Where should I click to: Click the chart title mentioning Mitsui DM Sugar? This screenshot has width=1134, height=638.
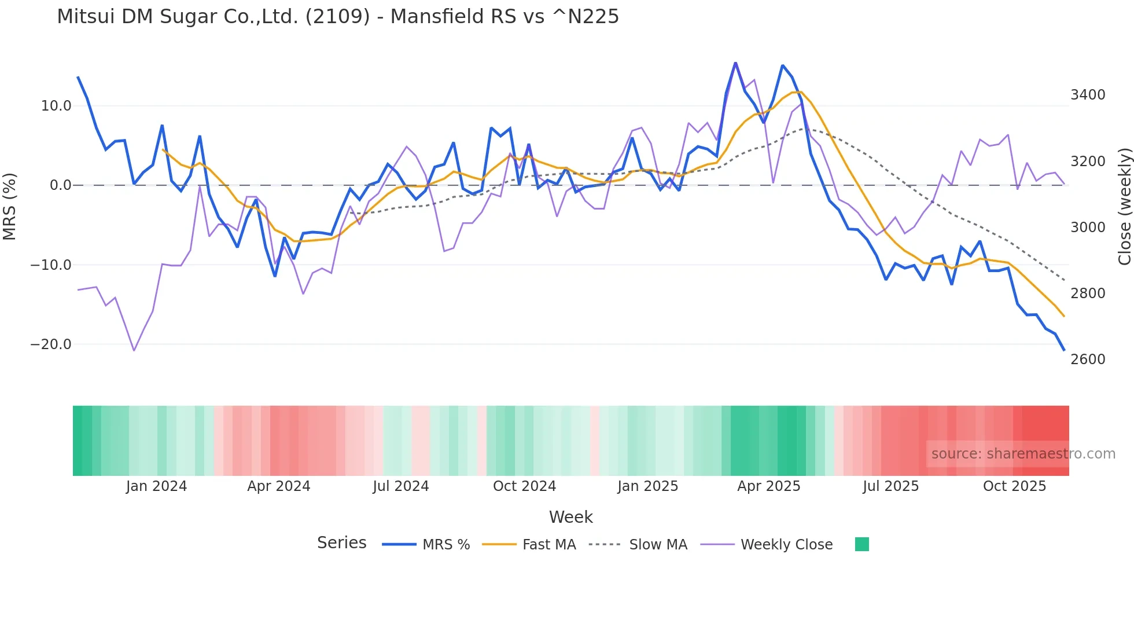(338, 17)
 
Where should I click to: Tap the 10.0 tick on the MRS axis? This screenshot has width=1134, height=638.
(56, 106)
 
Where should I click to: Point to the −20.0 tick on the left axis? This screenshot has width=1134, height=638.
(51, 344)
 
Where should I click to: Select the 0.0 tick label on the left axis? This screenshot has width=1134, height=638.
(60, 185)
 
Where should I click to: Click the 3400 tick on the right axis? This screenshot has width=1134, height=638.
(1088, 95)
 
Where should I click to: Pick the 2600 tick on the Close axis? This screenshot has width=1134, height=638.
(1088, 360)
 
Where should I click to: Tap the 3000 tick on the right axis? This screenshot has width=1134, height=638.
(1088, 228)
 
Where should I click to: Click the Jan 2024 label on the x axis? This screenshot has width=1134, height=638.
(156, 486)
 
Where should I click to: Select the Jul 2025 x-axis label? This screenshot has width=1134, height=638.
(890, 486)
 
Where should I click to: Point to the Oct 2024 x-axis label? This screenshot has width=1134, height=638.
(524, 486)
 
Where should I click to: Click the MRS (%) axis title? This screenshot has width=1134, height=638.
(10, 207)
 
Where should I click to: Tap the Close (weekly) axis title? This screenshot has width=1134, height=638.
(1124, 207)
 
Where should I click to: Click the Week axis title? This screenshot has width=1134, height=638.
(570, 517)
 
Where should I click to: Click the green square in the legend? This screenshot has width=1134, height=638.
(861, 544)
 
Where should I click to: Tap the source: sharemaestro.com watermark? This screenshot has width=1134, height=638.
(1023, 454)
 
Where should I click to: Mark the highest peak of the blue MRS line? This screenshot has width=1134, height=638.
(735, 63)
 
